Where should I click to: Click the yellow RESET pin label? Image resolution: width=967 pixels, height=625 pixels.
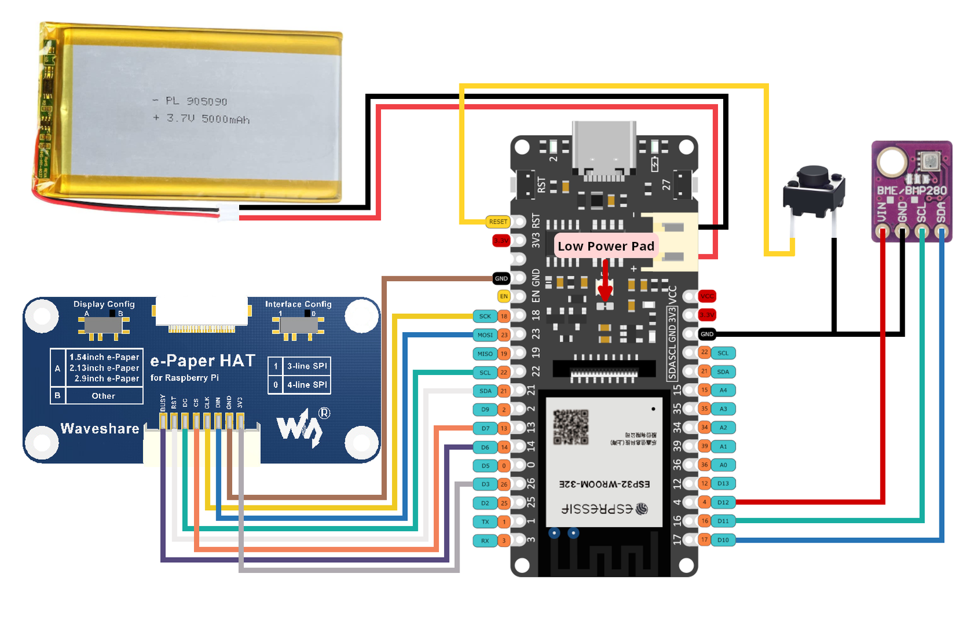coord(498,221)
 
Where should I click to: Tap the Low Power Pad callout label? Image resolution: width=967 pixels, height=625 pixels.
coord(606,246)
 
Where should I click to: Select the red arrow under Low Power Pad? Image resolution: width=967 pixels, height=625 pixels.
coord(605,281)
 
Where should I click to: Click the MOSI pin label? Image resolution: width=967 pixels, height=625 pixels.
coord(485,335)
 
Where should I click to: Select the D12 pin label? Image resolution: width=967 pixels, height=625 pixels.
coord(723,502)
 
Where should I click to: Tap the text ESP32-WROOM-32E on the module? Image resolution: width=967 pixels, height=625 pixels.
coord(604,484)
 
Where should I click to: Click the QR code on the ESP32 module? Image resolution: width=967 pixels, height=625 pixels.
coord(570,427)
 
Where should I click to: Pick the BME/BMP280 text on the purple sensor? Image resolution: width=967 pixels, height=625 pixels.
coord(911,190)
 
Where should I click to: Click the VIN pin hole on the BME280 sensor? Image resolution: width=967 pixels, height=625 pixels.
coord(883,233)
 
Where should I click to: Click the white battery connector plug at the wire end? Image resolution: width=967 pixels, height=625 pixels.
coord(229,213)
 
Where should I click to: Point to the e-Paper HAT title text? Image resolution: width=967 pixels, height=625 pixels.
coord(203,361)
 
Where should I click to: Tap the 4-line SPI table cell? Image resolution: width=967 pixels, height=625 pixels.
coord(307,385)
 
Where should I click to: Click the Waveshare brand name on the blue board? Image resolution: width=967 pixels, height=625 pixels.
coord(100,429)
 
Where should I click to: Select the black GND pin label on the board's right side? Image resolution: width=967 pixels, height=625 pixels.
coord(707,334)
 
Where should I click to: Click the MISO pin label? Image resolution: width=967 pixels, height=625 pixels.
coord(485,354)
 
